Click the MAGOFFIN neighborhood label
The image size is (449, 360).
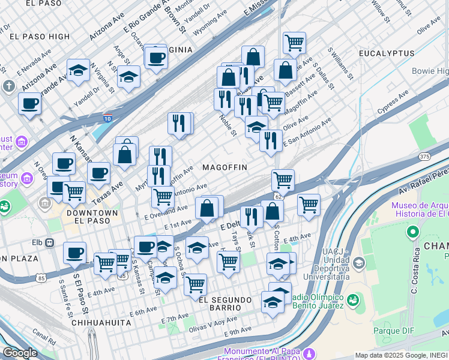[x=224, y=167]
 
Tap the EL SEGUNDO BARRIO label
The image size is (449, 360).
[x=229, y=299]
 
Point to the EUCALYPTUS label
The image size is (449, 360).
[x=387, y=53]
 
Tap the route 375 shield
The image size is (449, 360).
[x=425, y=157]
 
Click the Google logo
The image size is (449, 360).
[x=20, y=352]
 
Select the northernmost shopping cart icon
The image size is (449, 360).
[x=294, y=43]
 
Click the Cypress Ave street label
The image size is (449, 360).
[x=393, y=103]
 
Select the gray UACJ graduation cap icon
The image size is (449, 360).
[x=358, y=263]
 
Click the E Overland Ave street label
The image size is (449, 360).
[x=166, y=213]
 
